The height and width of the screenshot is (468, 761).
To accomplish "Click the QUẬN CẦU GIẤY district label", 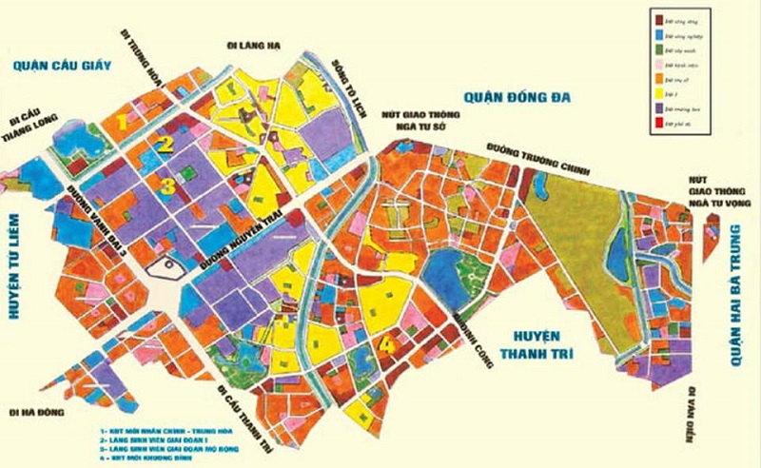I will (57, 65).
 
